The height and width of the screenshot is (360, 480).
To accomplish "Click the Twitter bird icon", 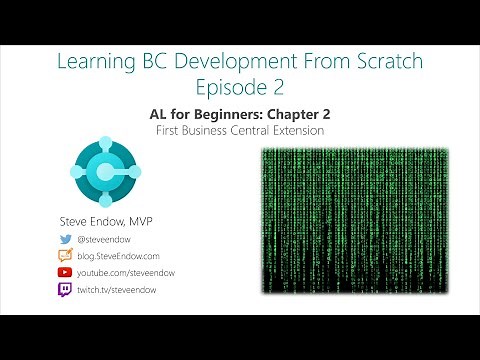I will (66, 239).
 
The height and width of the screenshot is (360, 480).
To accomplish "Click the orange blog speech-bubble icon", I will (66, 255).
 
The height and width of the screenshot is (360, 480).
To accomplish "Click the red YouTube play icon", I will (66, 271).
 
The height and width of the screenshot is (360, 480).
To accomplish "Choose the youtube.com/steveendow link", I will (129, 271).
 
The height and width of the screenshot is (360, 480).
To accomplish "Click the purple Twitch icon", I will (66, 288).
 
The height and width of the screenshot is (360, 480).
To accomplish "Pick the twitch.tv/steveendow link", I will (122, 288).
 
